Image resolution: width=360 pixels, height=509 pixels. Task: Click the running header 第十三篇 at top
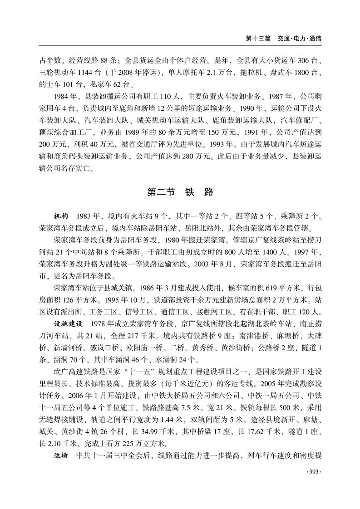click(x=258, y=39)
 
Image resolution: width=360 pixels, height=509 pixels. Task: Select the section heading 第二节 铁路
click(x=180, y=192)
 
